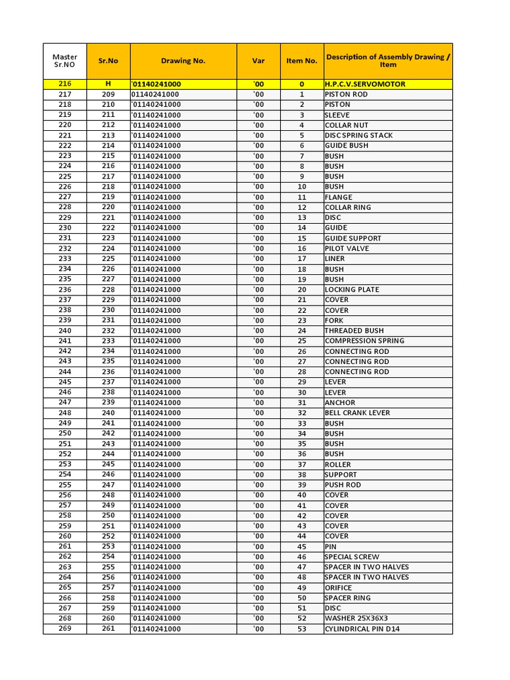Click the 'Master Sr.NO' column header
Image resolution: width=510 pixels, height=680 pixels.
(64, 60)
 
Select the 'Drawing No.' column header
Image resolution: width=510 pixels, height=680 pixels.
(183, 60)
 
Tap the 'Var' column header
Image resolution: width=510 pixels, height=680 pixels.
(258, 60)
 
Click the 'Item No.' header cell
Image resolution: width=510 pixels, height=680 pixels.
(301, 60)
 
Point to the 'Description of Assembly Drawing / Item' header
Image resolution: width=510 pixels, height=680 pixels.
(388, 60)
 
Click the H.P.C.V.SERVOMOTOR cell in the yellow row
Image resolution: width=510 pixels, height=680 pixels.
(365, 84)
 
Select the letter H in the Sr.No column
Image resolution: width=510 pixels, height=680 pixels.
(108, 84)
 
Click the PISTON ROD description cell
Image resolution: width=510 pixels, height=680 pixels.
(346, 94)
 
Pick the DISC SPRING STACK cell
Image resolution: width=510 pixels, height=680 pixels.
(359, 135)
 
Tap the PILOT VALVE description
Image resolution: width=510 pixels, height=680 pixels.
(347, 248)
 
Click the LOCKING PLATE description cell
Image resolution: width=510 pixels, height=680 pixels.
(352, 290)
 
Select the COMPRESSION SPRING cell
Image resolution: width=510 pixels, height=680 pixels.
(364, 341)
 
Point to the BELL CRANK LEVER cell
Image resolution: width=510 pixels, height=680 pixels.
(357, 413)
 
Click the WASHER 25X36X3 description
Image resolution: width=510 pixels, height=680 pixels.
(356, 618)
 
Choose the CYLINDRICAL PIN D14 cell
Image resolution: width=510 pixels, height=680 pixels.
(362, 629)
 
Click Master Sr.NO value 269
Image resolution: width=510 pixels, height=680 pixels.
(64, 629)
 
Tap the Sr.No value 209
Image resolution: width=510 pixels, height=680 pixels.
(108, 94)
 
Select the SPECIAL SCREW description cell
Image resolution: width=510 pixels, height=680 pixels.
(352, 556)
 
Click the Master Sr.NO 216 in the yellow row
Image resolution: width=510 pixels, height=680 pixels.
(64, 84)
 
